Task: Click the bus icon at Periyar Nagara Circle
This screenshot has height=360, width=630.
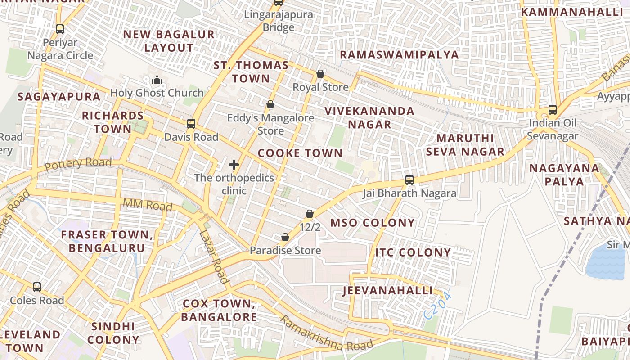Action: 60,29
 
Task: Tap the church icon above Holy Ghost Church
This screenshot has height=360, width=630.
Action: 157,80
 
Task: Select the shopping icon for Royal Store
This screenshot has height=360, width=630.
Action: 320,74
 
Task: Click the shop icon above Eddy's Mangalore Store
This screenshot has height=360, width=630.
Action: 270,105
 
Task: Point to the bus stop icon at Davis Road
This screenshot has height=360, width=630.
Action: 191,123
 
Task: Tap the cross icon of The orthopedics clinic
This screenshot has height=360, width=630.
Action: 234,165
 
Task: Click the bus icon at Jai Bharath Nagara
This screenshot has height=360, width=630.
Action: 409,180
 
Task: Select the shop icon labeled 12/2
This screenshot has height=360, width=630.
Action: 310,214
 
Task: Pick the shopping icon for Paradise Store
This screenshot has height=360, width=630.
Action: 285,237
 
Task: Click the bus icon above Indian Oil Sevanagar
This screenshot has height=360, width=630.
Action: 553,109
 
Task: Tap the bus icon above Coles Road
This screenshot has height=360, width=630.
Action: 37,287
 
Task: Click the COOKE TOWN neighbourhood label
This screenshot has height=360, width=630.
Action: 300,153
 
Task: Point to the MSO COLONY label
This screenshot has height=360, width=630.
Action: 373,223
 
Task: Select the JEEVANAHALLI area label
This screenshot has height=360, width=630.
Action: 388,290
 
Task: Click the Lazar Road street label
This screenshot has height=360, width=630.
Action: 213,257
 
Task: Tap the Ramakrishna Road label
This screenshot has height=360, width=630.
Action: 326,334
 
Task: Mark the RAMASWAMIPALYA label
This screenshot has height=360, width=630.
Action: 399,55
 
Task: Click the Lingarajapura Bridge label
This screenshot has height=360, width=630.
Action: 279,21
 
